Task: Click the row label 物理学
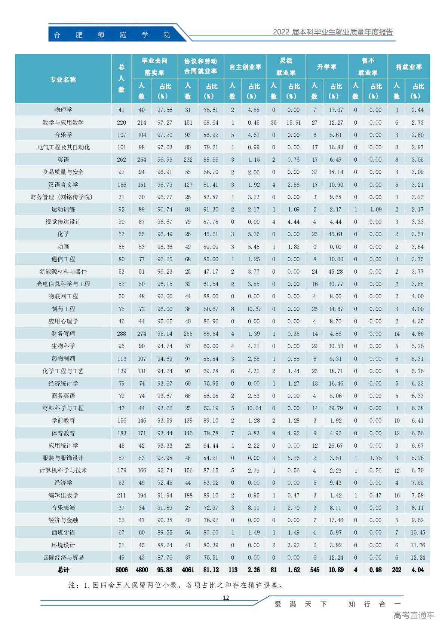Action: [x=63, y=110]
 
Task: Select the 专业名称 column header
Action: [x=63, y=80]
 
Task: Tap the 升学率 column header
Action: [x=327, y=67]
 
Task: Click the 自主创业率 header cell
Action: [x=245, y=67]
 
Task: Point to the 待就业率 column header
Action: [x=409, y=67]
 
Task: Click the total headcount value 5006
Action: [x=122, y=570]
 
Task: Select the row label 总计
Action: [x=63, y=570]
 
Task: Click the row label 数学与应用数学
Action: [x=63, y=123]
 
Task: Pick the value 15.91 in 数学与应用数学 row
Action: [x=294, y=123]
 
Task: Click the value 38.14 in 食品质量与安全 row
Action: [x=336, y=172]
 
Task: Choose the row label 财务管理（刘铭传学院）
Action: [x=61, y=197]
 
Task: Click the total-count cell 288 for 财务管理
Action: [x=122, y=334]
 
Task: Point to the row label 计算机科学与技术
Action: [x=63, y=470]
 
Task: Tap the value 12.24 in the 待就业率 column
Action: [x=418, y=557]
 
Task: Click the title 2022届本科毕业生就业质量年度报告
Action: [x=333, y=32]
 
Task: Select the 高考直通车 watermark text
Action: [x=414, y=615]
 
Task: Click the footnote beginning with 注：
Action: [x=176, y=585]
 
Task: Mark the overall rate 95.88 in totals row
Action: [x=165, y=570]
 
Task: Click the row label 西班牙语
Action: [x=63, y=532]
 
